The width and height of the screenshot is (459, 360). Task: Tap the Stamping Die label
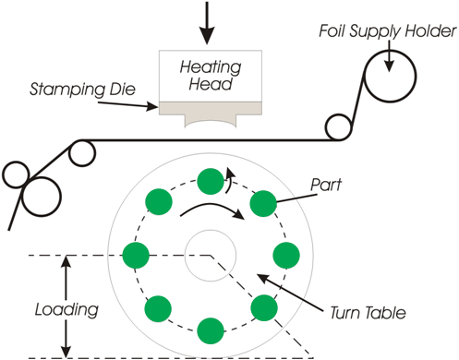[x=83, y=91]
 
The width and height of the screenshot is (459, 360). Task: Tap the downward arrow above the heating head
[x=207, y=22]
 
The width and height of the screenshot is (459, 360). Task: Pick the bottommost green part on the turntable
[x=211, y=326]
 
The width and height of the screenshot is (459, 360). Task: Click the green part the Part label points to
[x=263, y=201]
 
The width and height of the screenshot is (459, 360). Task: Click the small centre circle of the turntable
[x=211, y=253]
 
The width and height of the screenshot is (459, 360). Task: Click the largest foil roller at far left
[x=39, y=196]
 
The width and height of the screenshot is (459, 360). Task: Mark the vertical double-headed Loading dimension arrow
[x=65, y=306]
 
